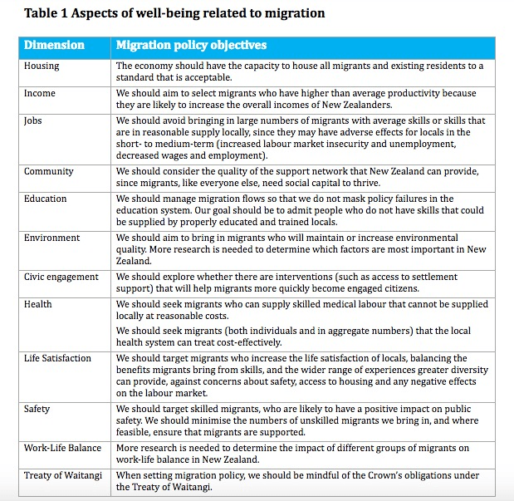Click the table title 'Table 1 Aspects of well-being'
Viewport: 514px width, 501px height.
point(174,13)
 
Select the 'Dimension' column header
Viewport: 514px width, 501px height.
point(54,46)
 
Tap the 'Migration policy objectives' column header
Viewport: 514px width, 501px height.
point(191,46)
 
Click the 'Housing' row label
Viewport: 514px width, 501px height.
point(42,66)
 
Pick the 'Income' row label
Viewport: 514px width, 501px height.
point(41,93)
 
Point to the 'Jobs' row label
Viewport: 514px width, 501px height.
point(35,121)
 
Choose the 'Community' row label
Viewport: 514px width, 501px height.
point(49,171)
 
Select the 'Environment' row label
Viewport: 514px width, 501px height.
point(52,238)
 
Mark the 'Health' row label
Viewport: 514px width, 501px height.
point(38,304)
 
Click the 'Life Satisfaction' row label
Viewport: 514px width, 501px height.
point(58,358)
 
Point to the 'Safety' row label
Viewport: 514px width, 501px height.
point(37,409)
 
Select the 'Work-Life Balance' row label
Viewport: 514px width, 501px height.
point(61,448)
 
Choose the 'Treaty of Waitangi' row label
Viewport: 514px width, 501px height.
point(63,475)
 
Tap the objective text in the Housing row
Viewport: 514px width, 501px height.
point(299,71)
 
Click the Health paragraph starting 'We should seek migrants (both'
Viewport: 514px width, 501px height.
point(299,336)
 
